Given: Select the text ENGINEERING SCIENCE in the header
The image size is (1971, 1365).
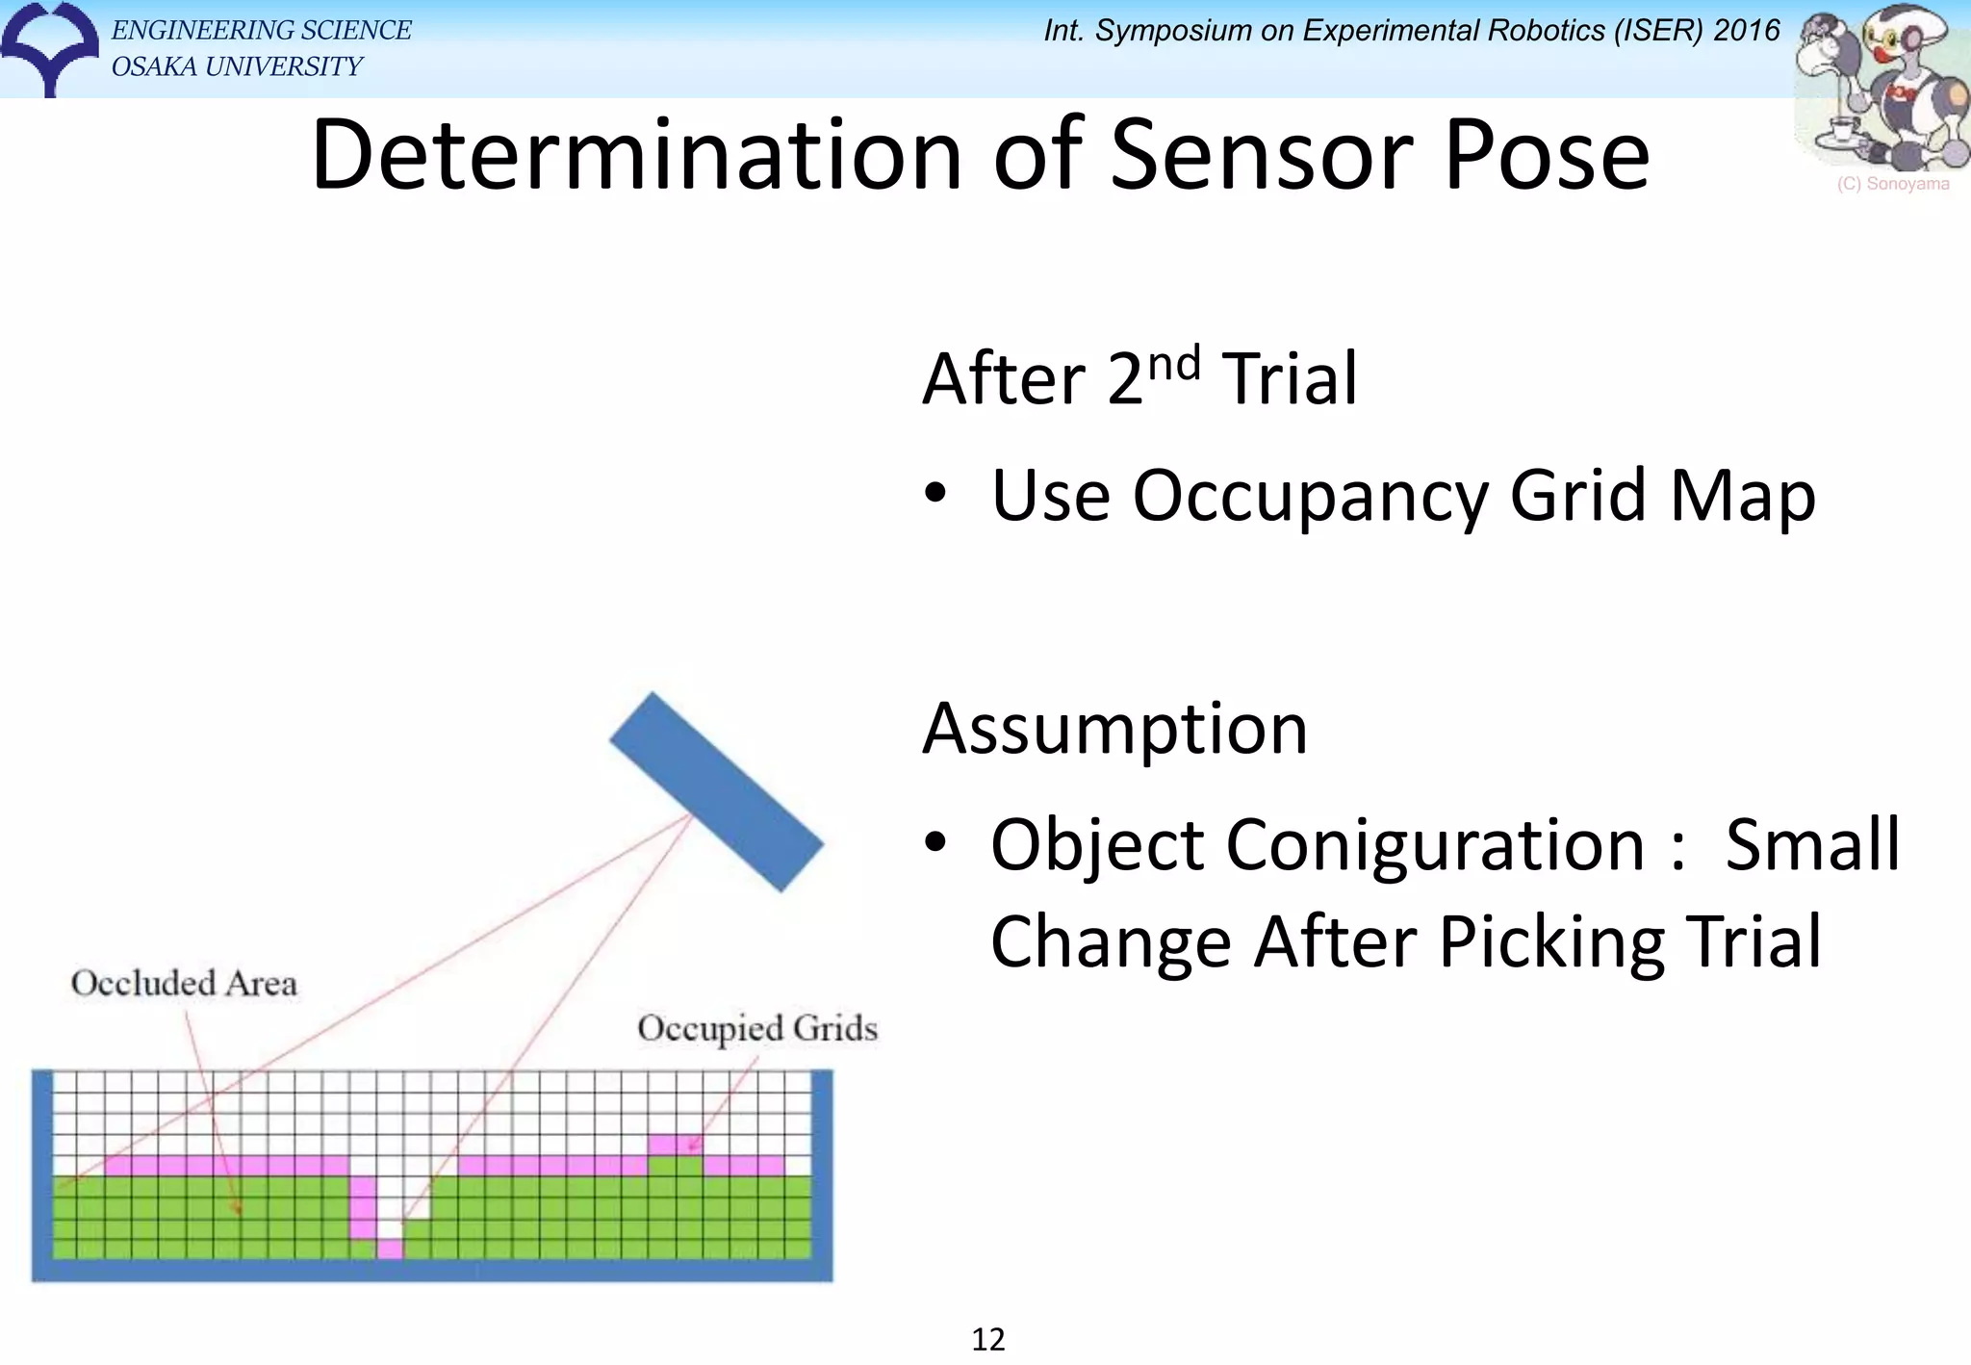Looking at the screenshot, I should click(261, 31).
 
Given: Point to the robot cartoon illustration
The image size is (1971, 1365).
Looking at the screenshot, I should click(1882, 87).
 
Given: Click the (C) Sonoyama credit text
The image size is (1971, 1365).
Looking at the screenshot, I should click(1892, 184).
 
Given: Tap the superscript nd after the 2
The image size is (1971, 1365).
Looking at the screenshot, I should click(1174, 364).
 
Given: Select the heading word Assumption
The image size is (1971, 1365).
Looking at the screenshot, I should click(1114, 730).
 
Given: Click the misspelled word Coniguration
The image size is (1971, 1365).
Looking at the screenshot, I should click(1317, 845).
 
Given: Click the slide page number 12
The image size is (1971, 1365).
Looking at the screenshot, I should click(987, 1339).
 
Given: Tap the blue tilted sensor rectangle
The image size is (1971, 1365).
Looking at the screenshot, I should click(716, 791).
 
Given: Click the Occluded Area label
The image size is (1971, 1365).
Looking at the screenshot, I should click(184, 984).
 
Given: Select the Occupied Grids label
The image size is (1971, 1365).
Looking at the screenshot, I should click(757, 1028).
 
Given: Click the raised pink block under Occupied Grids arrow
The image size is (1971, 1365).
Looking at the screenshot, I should click(674, 1145).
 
